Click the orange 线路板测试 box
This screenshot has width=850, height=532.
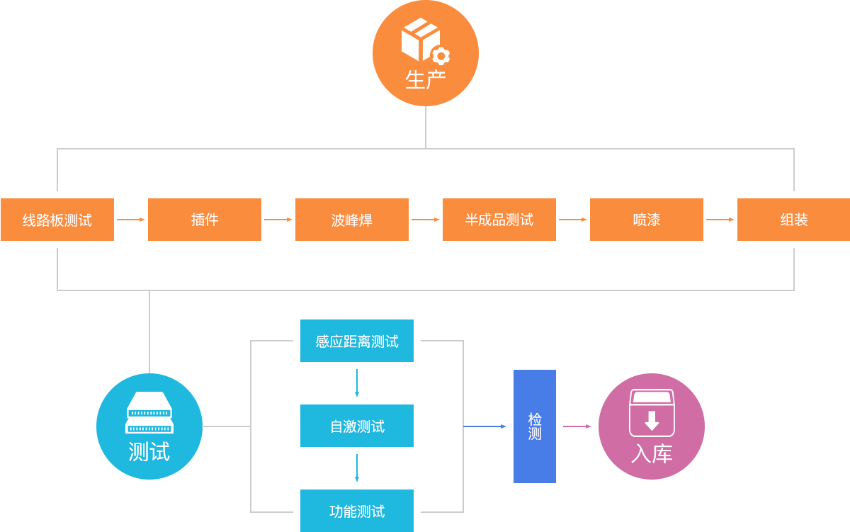57,220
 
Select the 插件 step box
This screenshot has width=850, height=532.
204,220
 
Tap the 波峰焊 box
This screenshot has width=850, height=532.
351,220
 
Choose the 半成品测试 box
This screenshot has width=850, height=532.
499,220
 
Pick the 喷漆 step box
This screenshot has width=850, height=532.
646,220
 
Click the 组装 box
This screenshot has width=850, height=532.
793,220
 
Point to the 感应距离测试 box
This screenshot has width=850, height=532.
356,341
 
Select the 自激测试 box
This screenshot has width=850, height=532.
356,426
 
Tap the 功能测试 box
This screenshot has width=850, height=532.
356,510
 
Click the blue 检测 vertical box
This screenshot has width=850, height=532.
534,426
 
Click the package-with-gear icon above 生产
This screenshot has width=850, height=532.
425,40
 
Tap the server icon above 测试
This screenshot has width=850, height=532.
149,412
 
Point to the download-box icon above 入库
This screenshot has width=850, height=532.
652,413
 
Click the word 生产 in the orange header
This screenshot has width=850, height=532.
425,79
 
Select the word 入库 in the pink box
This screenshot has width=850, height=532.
652,454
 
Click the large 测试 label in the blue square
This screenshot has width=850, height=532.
149,452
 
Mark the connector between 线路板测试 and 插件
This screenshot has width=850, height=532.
130,220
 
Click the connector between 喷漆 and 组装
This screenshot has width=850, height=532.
720,220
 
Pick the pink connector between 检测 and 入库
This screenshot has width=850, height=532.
577,426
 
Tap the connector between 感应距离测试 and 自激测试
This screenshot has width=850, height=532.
356,383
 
